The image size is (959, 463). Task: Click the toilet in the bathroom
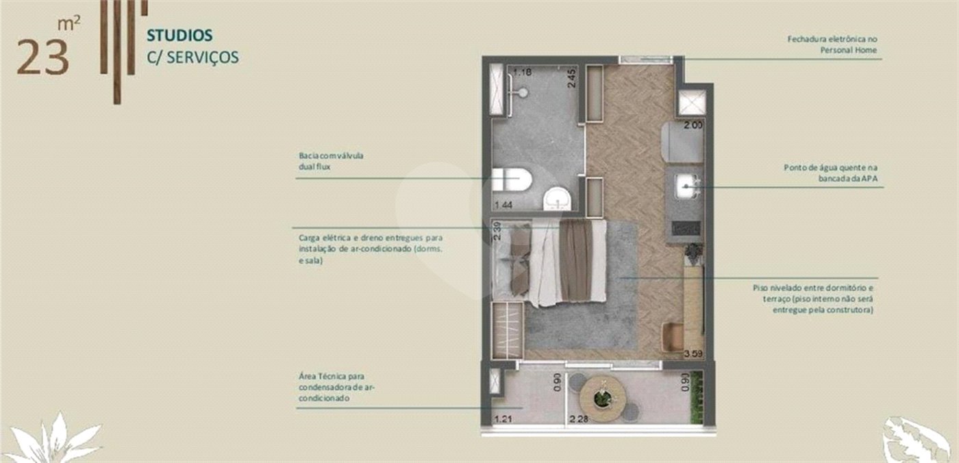point(512,180)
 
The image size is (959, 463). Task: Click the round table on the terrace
point(602,399)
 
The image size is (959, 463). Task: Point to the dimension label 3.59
point(693,354)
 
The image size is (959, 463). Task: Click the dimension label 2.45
point(571,79)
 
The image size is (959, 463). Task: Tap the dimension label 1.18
point(522,73)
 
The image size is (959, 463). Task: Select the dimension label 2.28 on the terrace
point(579,419)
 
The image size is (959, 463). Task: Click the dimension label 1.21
point(503,419)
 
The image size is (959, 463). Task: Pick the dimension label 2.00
point(693,125)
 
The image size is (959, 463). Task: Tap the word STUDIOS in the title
point(179,36)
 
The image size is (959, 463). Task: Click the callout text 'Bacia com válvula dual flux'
point(331,162)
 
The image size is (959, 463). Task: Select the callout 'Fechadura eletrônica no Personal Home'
point(832,45)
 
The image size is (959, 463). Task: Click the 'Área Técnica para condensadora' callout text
point(337,387)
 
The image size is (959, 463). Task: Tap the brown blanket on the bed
point(576,260)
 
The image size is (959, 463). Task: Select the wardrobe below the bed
point(508,330)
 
